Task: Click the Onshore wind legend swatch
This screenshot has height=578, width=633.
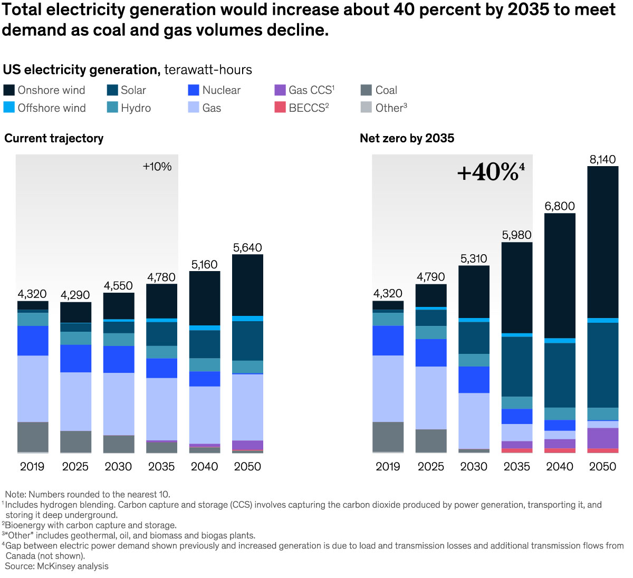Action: point(9,90)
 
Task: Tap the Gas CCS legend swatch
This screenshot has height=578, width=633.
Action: point(280,90)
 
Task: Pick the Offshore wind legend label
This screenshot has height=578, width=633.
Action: point(52,108)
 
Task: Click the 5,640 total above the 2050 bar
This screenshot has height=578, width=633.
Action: point(247,247)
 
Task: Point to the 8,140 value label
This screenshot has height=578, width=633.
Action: point(602,159)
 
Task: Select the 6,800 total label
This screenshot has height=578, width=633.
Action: point(560,206)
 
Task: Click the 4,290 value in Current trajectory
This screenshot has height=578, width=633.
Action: point(75,295)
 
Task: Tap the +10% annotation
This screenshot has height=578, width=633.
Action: point(157,167)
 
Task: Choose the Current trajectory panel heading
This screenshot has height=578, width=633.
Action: point(54,138)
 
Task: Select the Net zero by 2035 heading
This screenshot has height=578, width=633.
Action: point(407,138)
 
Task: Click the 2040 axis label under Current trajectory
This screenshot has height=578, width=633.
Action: point(204,466)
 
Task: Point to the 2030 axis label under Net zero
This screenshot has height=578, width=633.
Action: point(474,466)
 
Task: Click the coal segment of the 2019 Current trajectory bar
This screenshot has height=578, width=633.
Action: point(33,437)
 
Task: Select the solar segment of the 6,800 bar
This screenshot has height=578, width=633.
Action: point(560,374)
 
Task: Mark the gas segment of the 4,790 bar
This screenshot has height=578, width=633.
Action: point(431,398)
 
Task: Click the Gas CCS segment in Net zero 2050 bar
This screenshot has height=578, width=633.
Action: point(603,438)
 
